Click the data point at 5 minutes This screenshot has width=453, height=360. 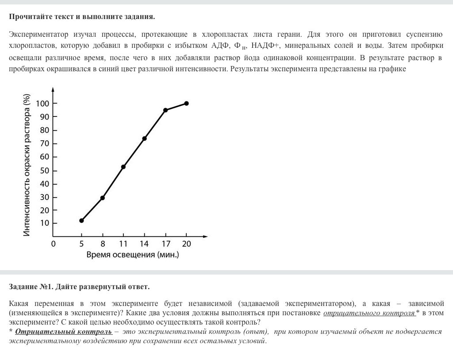(x=81, y=221)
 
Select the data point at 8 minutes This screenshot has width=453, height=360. (x=103, y=198)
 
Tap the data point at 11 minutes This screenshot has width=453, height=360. (x=123, y=167)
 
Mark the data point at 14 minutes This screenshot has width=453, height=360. (x=144, y=139)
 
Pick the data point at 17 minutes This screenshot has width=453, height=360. (x=165, y=110)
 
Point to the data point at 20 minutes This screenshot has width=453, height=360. (x=186, y=103)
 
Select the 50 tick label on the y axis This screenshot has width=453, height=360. (x=45, y=171)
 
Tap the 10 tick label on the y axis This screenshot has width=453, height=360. (x=45, y=223)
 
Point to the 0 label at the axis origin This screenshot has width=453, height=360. (x=54, y=244)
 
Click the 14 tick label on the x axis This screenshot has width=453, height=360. (x=144, y=244)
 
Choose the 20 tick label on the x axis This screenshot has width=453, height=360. (x=186, y=244)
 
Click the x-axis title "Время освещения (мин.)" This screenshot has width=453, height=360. (x=133, y=255)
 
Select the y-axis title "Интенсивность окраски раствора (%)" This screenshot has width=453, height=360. (x=27, y=165)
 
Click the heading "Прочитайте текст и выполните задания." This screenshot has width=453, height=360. (x=82, y=17)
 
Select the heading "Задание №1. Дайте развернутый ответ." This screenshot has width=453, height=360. (x=79, y=286)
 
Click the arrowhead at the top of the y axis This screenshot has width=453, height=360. (x=53, y=89)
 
